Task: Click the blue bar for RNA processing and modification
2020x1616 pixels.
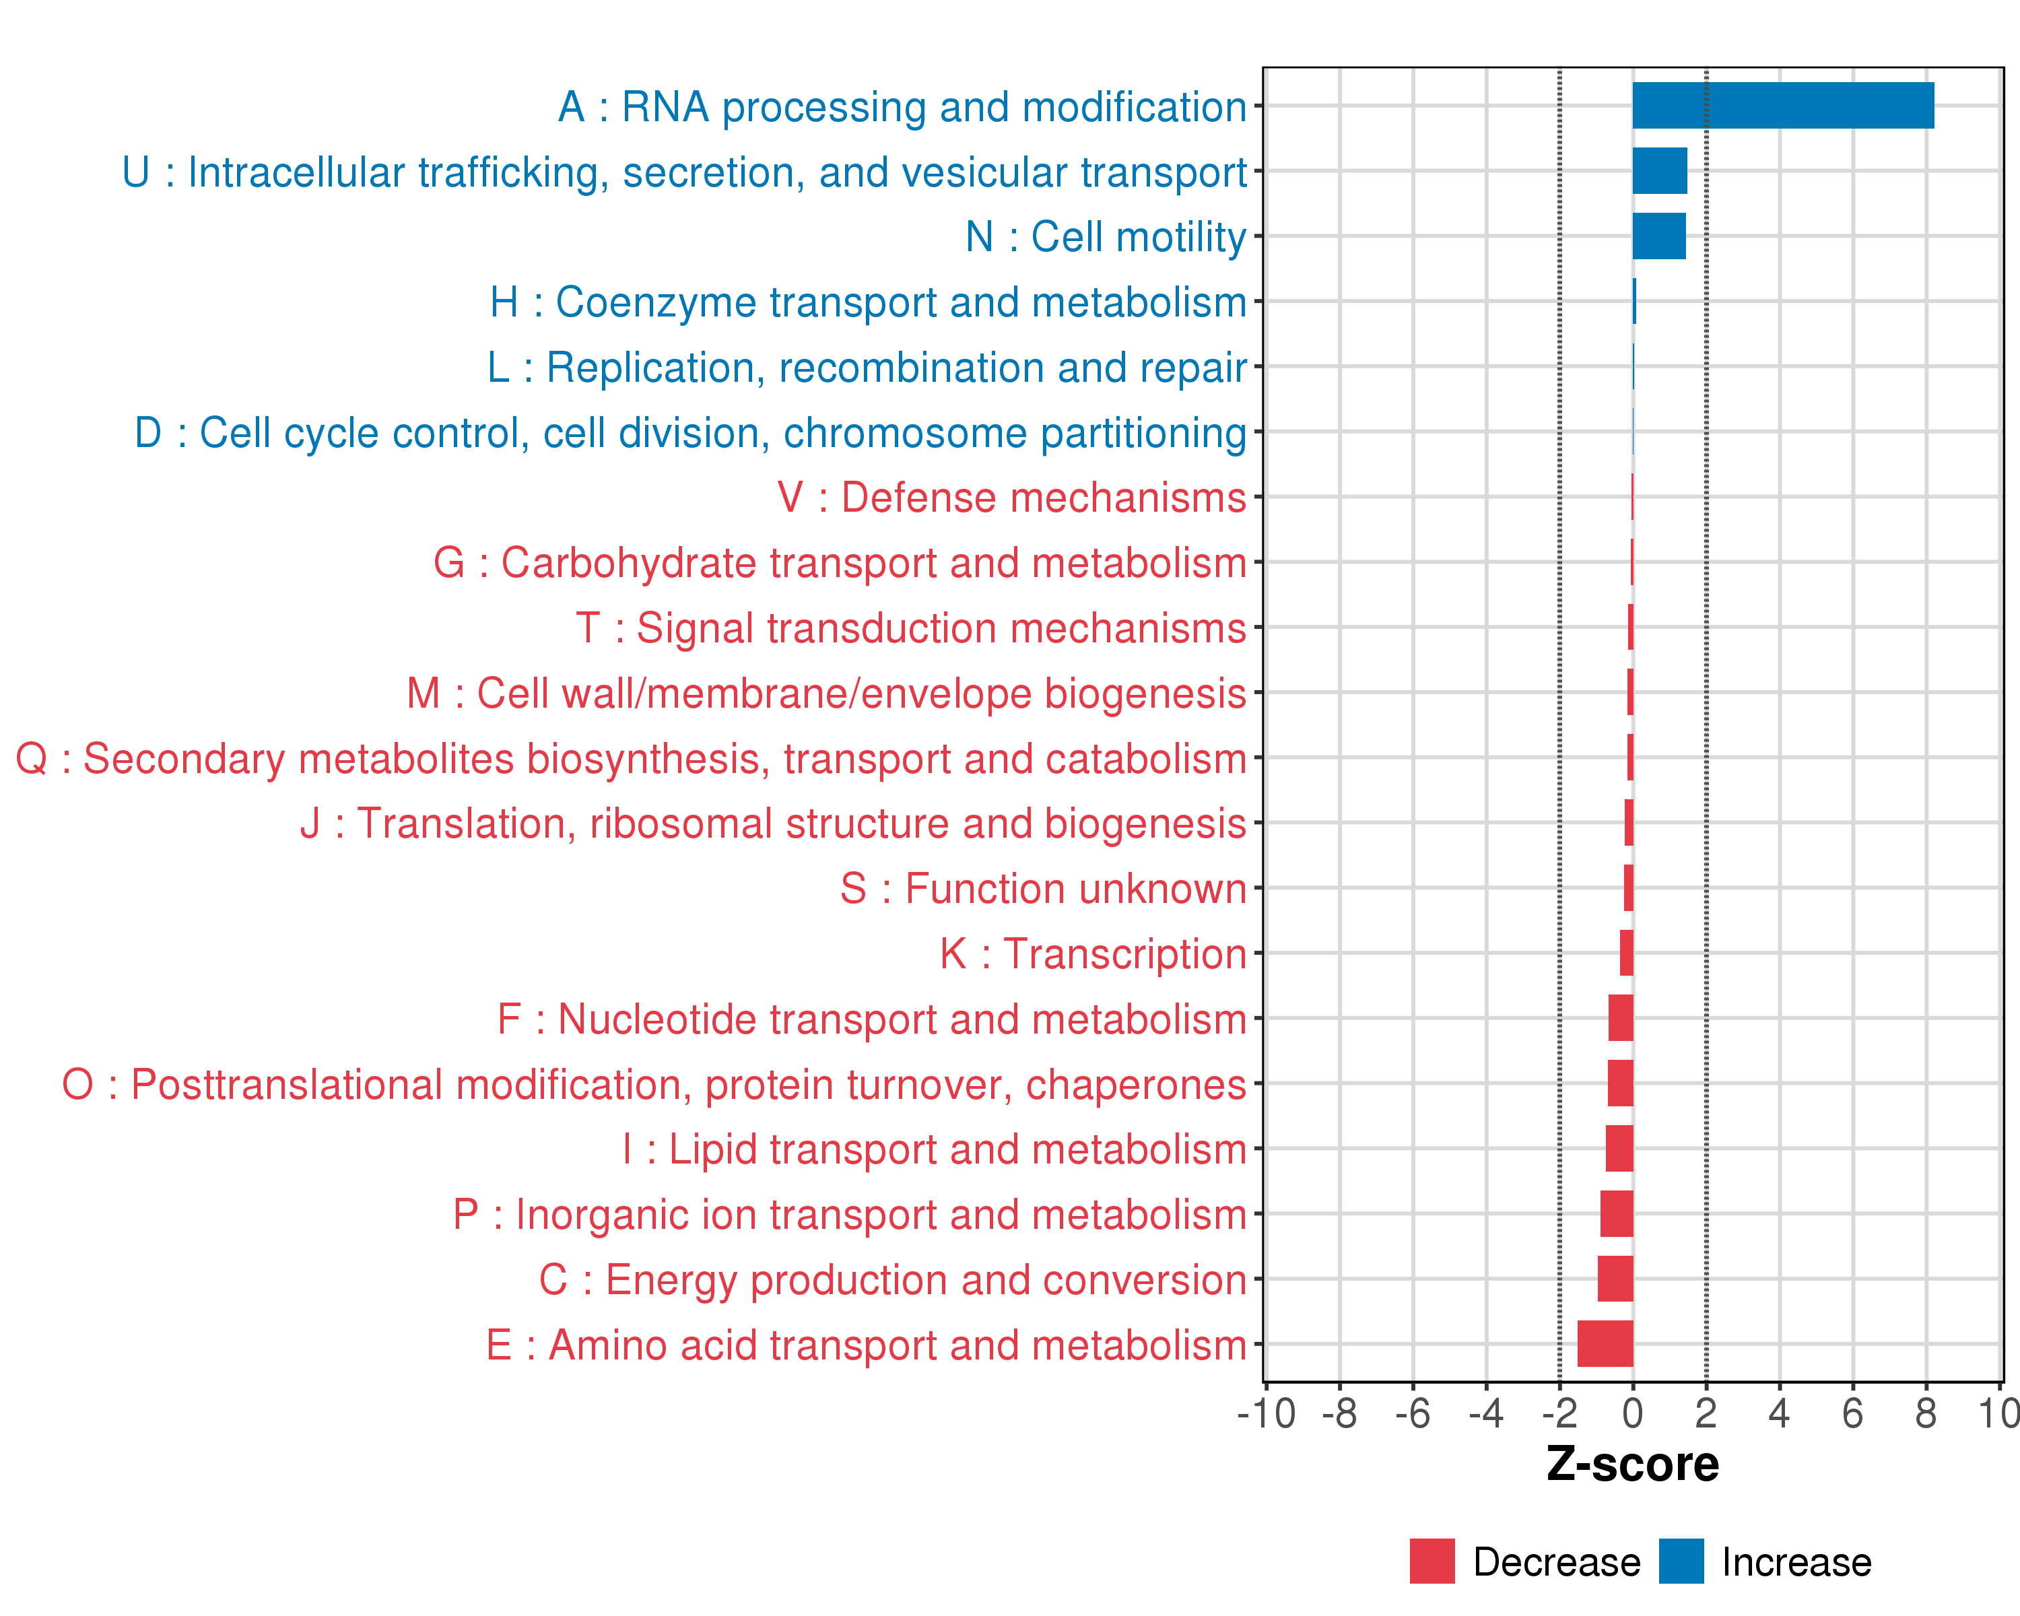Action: [x=1782, y=106]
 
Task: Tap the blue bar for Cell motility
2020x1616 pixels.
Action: [x=1658, y=236]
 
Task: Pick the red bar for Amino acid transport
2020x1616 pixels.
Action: [x=1605, y=1343]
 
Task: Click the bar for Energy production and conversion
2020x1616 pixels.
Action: [x=1615, y=1279]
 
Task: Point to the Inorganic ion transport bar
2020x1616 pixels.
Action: [x=1616, y=1213]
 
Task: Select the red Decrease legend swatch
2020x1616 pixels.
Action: [x=1432, y=1561]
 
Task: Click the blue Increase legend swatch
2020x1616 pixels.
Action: [x=1681, y=1561]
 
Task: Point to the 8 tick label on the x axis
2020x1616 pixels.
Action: [x=1925, y=1413]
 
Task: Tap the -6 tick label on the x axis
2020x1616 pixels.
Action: [x=1412, y=1413]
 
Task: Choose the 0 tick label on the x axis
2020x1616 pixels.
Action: [x=1632, y=1413]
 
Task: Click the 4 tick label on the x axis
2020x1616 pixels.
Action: [x=1778, y=1413]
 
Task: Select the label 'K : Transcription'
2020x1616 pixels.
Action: [x=1092, y=953]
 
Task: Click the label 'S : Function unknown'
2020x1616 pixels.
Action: [x=1043, y=888]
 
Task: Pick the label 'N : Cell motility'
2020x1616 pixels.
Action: [x=1106, y=237]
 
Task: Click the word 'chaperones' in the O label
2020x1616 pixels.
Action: [x=1135, y=1085]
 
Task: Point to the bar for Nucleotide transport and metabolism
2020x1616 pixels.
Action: [x=1621, y=1018]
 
